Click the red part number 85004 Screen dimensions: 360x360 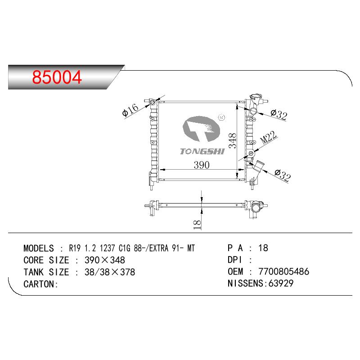click(57, 77)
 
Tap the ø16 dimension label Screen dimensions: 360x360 click(130, 110)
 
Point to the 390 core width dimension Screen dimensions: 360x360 click(201, 165)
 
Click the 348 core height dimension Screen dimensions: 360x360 click(232, 140)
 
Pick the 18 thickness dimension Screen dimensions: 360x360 click(197, 225)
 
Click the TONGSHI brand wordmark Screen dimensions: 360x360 click(202, 151)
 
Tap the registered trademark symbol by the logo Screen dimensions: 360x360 click(221, 117)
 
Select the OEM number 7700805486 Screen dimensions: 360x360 click(284, 272)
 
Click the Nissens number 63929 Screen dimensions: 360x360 click(280, 283)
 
